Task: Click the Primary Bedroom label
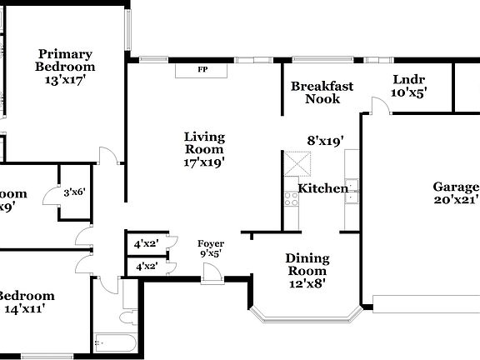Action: (64, 60)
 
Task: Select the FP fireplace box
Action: (202, 70)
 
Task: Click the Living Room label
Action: (204, 143)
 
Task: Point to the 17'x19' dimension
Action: (204, 162)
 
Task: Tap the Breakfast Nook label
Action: (322, 92)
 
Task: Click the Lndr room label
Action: (408, 80)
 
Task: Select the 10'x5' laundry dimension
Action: (408, 93)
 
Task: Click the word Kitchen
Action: (323, 188)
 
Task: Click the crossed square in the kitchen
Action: (293, 164)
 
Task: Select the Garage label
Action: (456, 187)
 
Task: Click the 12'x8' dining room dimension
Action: (307, 282)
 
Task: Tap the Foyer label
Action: (209, 244)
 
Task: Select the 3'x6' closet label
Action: (74, 192)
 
